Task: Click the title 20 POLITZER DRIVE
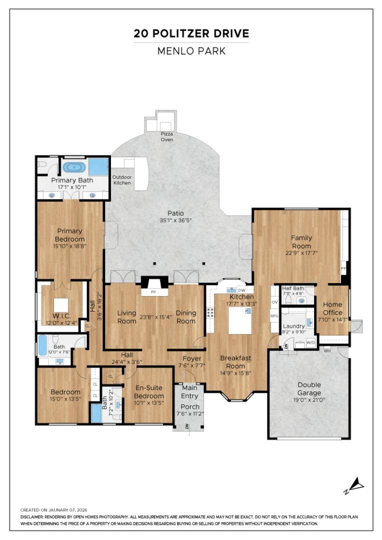click(x=191, y=34)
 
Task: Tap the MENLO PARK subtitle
click(x=191, y=51)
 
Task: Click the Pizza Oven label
click(x=166, y=136)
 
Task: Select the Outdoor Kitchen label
click(x=121, y=180)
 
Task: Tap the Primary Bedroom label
click(x=69, y=235)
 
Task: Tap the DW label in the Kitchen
click(x=241, y=290)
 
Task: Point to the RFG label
click(x=274, y=316)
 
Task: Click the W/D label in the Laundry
click(x=310, y=342)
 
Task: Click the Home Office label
click(x=332, y=308)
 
